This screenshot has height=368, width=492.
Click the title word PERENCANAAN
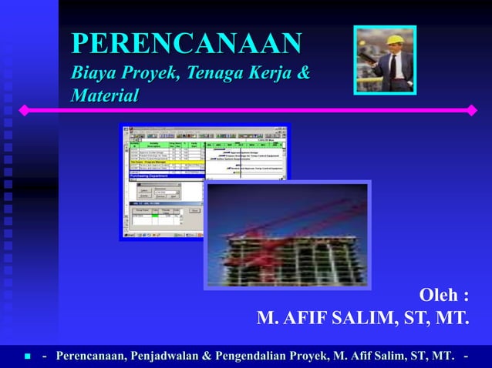tap(186, 43)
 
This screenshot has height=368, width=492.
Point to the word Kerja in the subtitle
tap(271, 75)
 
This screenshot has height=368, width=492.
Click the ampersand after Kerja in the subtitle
tap(304, 75)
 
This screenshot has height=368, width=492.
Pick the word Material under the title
tap(105, 97)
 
